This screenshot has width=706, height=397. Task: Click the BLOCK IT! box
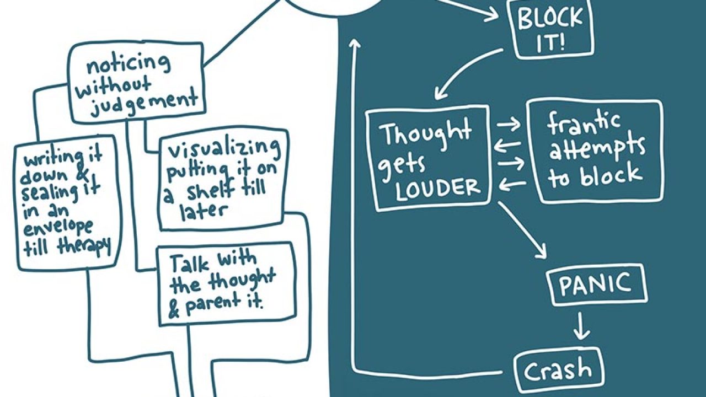pyautogui.click(x=553, y=30)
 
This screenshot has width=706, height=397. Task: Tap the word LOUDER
pyautogui.click(x=438, y=188)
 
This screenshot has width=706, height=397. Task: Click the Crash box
pyautogui.click(x=558, y=372)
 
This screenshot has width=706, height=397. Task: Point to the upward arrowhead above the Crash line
pyautogui.click(x=356, y=45)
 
